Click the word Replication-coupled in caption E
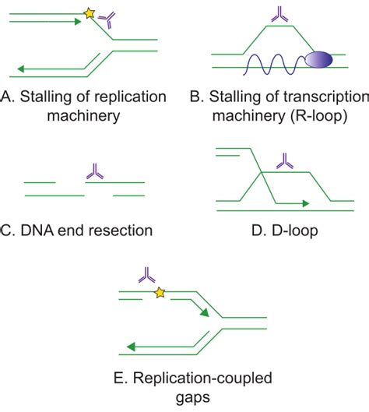coord(192,380)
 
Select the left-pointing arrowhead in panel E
coord(129,347)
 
